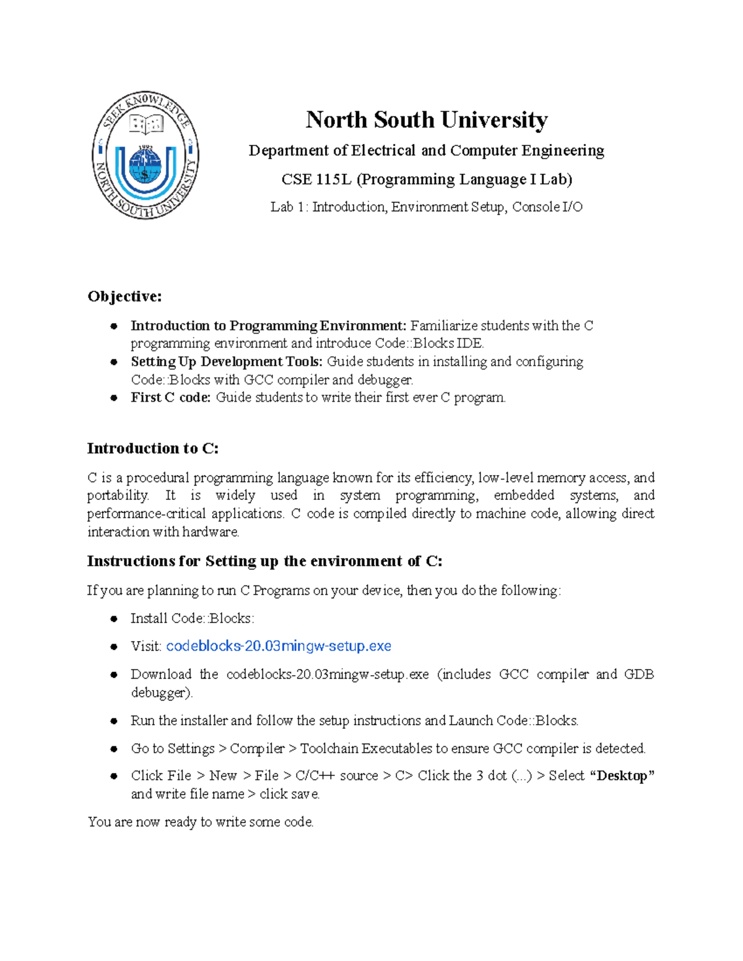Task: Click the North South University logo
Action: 146,154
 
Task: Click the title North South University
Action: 426,119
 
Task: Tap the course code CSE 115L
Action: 316,179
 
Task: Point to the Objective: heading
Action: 124,296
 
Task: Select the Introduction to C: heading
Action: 152,448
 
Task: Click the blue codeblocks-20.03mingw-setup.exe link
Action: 279,646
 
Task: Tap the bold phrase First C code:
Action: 170,397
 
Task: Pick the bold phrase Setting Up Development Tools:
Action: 226,361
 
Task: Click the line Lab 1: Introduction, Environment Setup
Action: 426,207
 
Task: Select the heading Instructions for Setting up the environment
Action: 264,561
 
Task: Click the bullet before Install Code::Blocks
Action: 114,619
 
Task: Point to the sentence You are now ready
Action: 200,822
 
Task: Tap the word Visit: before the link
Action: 146,646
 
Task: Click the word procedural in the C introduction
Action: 158,478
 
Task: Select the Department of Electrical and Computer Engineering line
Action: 426,150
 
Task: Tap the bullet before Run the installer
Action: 114,721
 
